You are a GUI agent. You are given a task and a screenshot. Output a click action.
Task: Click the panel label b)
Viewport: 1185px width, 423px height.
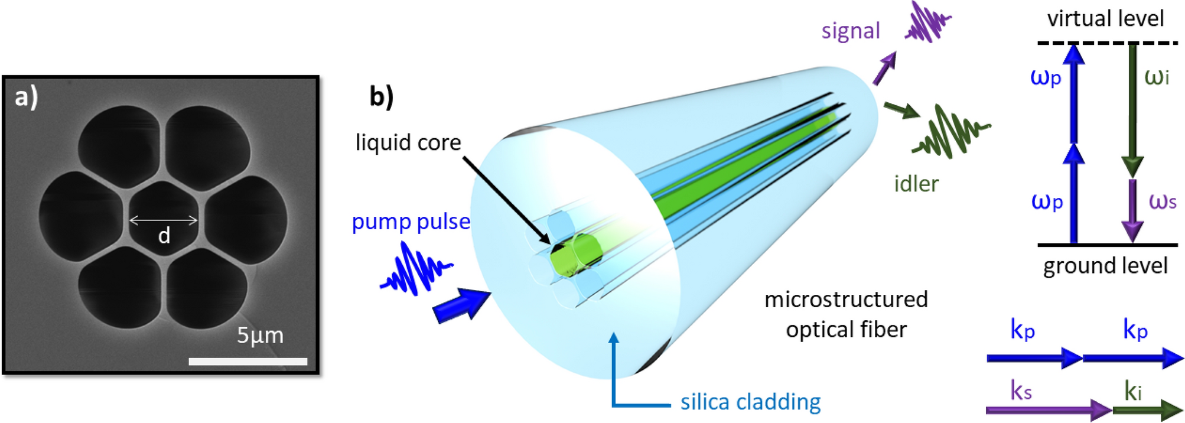click(x=381, y=96)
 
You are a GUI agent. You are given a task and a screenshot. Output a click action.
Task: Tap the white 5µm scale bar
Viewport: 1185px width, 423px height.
click(x=248, y=361)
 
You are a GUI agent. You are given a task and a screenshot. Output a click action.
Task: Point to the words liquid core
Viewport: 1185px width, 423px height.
click(x=408, y=142)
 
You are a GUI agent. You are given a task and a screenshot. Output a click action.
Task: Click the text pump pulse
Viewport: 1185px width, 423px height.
click(x=411, y=222)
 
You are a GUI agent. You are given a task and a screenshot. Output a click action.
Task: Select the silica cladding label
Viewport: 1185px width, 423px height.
click(x=750, y=402)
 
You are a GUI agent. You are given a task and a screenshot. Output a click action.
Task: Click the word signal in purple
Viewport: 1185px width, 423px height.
click(x=850, y=31)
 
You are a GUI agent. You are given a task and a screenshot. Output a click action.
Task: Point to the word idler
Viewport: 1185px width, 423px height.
click(x=916, y=184)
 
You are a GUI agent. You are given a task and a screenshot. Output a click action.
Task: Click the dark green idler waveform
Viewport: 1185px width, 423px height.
click(x=951, y=132)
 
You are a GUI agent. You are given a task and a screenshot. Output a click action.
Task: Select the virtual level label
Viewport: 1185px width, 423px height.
click(x=1105, y=18)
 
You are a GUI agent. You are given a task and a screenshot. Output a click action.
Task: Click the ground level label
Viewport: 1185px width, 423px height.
click(x=1105, y=266)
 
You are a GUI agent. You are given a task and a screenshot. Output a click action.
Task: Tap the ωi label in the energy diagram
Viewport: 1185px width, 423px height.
click(x=1156, y=77)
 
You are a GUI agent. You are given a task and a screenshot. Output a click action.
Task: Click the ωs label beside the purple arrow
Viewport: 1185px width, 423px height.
click(x=1162, y=201)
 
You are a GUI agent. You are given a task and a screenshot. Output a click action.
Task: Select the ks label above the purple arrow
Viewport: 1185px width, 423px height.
click(x=1021, y=391)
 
